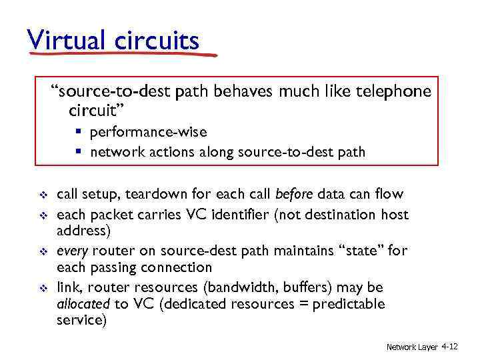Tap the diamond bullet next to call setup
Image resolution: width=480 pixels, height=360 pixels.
click(x=39, y=195)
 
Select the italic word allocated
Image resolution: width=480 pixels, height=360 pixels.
click(x=83, y=304)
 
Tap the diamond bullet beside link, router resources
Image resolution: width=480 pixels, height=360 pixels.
click(x=39, y=288)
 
